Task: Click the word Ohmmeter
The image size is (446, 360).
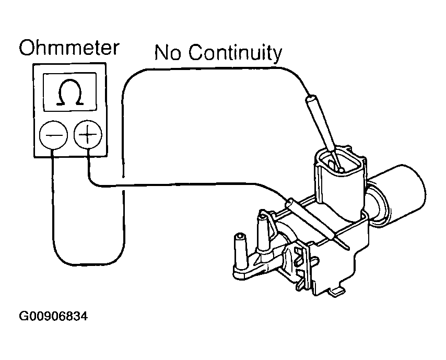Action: coord(69,48)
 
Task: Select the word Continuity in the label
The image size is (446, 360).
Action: coord(235,53)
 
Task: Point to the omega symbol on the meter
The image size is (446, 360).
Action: coord(71,92)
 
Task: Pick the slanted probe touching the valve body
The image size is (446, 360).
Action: coord(313,219)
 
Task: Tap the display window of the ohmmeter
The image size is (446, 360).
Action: coord(71,92)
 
